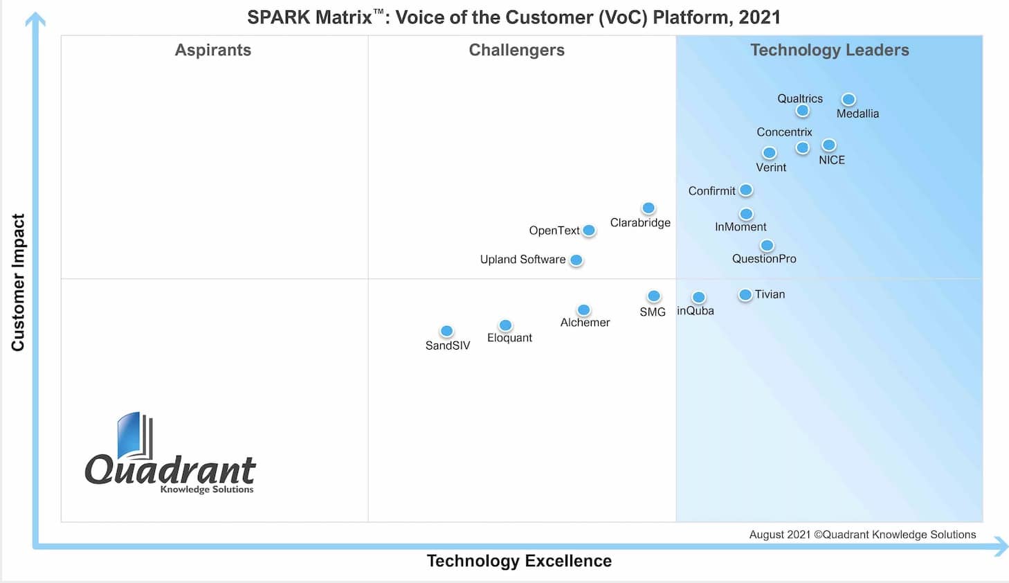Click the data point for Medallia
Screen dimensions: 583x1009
(x=848, y=100)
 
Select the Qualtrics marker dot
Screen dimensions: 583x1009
(x=803, y=111)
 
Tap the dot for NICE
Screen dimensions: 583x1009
(x=829, y=145)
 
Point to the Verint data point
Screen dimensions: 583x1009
(x=770, y=153)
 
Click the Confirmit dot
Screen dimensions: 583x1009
(x=746, y=190)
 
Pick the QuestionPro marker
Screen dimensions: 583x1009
(x=767, y=246)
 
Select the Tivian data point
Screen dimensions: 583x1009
(x=745, y=295)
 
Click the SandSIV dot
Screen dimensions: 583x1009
(x=447, y=332)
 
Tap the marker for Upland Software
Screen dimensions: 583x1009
(x=576, y=260)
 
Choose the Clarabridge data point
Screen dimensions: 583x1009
(x=648, y=208)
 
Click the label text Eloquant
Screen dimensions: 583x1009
(x=509, y=338)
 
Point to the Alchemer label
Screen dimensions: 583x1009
(x=585, y=323)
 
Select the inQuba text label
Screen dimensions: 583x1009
(x=696, y=311)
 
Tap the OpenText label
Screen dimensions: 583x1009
(x=554, y=231)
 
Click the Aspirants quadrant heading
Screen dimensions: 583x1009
(x=213, y=50)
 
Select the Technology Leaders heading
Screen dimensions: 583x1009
(x=830, y=50)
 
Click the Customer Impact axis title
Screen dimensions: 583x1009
(x=18, y=282)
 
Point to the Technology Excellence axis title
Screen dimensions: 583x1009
(x=519, y=561)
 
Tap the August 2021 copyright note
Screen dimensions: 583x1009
(x=862, y=535)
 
